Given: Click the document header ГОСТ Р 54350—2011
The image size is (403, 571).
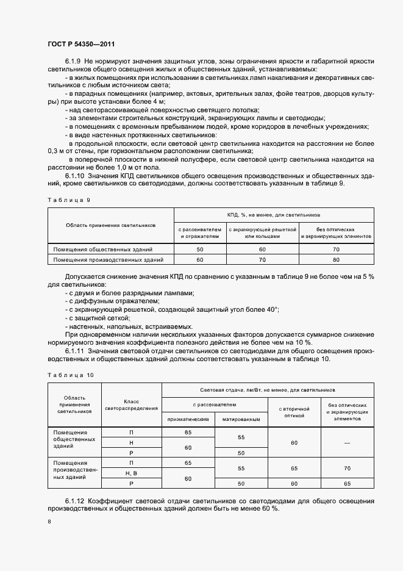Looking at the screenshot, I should coord(81,44).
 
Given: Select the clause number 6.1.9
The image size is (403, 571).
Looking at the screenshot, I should coord(73,62).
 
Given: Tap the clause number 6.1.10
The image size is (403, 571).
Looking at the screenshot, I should coord(76,176).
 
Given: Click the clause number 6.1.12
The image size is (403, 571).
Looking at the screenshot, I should coord(76,501).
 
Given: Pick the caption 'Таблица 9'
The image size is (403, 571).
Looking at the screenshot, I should coord(68,199).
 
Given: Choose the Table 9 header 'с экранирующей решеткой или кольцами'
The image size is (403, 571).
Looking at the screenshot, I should coord(262,232).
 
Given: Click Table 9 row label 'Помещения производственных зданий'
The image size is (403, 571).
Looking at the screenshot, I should coord(108,260).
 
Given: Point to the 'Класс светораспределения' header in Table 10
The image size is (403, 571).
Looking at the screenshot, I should coord(131,405).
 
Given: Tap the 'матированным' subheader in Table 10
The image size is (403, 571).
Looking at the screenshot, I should coord(241,419).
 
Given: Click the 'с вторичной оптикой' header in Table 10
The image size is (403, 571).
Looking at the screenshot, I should coord(294,412).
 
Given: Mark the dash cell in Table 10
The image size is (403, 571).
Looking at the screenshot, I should coord(346,443).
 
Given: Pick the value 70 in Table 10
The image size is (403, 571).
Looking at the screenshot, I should coord(346,469).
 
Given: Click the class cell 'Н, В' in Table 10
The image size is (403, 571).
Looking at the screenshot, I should coord(131,473).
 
